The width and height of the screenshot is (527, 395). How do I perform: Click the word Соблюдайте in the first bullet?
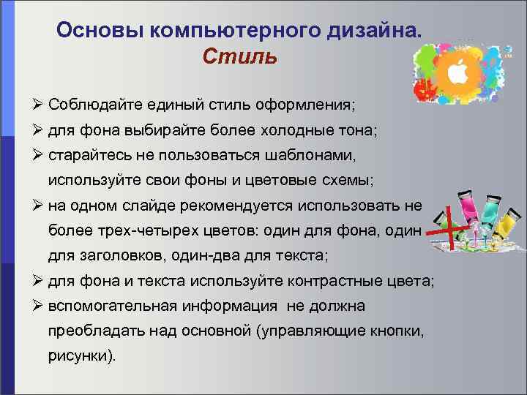tap(91, 105)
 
